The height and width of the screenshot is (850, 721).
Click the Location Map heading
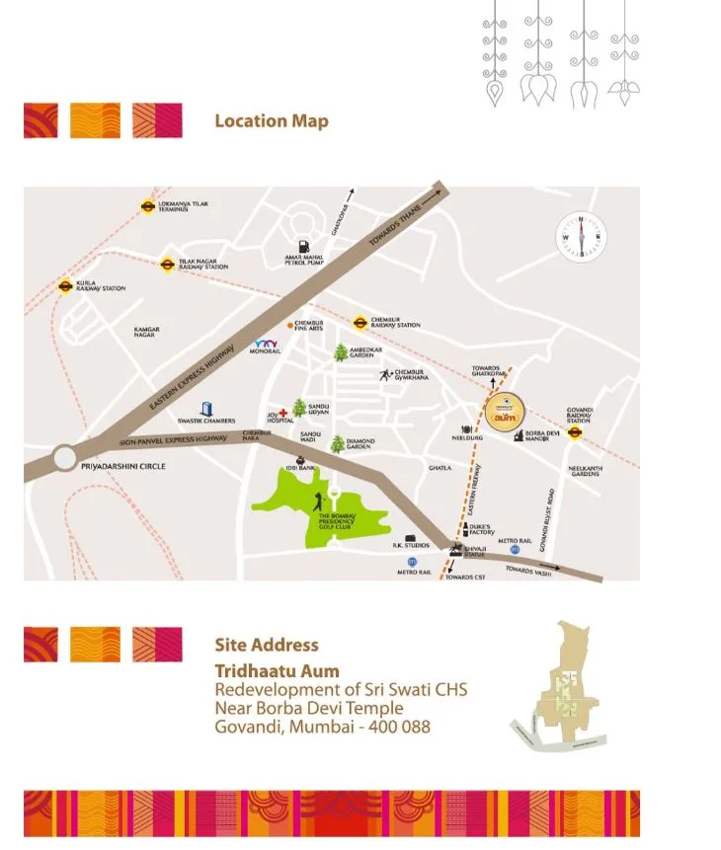click(272, 121)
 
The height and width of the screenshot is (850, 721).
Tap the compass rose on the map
click(581, 237)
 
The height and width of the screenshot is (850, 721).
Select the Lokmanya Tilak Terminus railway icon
click(146, 207)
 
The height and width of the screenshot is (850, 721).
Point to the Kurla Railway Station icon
click(65, 286)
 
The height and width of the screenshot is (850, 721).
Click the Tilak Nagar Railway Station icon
click(167, 264)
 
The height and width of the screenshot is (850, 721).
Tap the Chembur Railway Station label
click(395, 323)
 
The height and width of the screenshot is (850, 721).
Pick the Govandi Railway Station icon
click(575, 431)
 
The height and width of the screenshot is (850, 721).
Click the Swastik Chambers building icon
click(206, 408)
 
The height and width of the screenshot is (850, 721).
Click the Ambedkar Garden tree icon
click(341, 352)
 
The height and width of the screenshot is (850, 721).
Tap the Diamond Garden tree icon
click(338, 443)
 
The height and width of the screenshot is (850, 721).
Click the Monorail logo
click(268, 345)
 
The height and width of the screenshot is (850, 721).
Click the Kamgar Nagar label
click(146, 333)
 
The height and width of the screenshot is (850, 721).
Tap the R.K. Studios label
click(410, 545)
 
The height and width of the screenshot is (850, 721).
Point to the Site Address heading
click(267, 645)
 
